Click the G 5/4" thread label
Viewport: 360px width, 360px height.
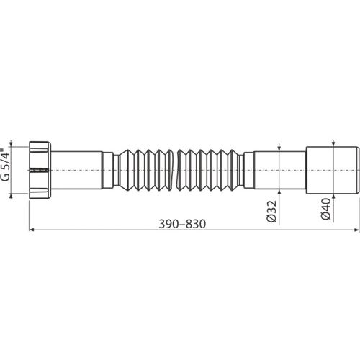[5, 166]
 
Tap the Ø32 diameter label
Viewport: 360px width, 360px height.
[272, 212]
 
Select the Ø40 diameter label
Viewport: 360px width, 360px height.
[326, 209]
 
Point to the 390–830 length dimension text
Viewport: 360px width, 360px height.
[182, 224]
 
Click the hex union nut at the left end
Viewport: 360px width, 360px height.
[40, 170]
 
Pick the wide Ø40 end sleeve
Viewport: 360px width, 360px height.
[333, 170]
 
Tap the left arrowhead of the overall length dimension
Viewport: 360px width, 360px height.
[31, 230]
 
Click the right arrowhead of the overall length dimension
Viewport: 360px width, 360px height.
[356, 230]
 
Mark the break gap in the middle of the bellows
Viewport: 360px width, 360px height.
[175, 170]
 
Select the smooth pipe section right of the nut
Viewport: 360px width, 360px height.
[77, 170]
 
